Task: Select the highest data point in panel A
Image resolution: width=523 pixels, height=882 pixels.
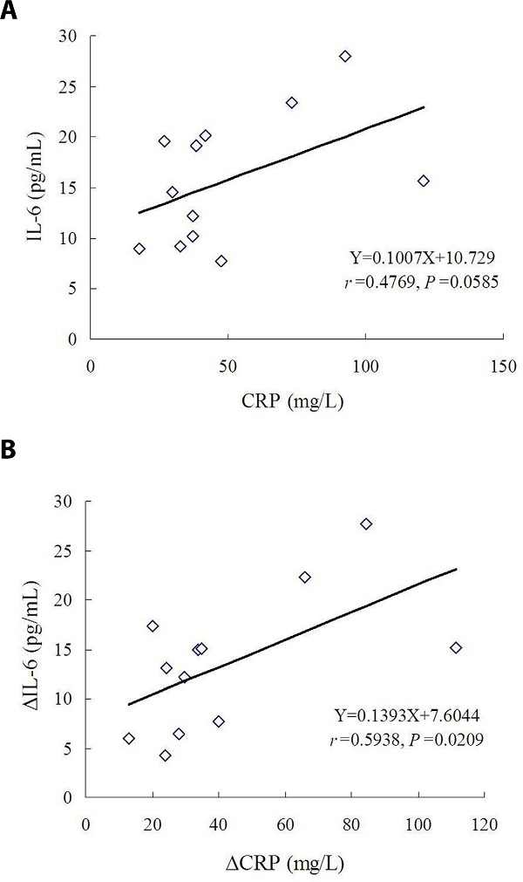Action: [345, 56]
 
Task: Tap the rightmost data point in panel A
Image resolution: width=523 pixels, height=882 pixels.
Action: [424, 181]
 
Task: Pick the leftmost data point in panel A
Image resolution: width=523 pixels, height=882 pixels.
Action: [139, 249]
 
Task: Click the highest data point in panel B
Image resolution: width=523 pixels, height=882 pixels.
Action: [366, 523]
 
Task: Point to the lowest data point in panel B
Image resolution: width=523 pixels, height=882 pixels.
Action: [165, 756]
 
